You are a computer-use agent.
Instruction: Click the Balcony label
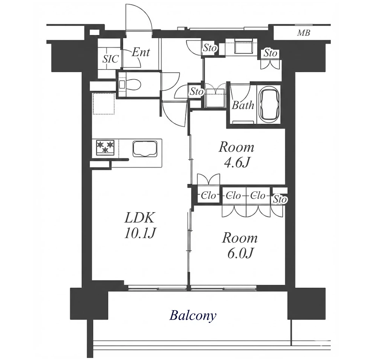pos(193,316)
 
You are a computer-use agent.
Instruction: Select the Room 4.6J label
pos(236,154)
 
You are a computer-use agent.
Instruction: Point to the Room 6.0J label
pos(240,245)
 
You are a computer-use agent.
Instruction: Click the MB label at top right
pos(304,33)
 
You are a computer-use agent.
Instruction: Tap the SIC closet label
pos(110,58)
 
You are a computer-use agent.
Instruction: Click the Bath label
pos(243,105)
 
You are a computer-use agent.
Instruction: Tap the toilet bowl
pos(133,85)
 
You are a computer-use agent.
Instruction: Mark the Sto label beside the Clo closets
pos(280,199)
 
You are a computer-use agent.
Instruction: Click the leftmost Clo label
pos(208,196)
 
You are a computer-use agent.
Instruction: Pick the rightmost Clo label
pos(258,196)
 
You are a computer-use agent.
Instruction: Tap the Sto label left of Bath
pos(197,92)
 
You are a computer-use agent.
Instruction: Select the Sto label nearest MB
pos(270,53)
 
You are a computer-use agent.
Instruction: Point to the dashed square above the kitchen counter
pos(104,104)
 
